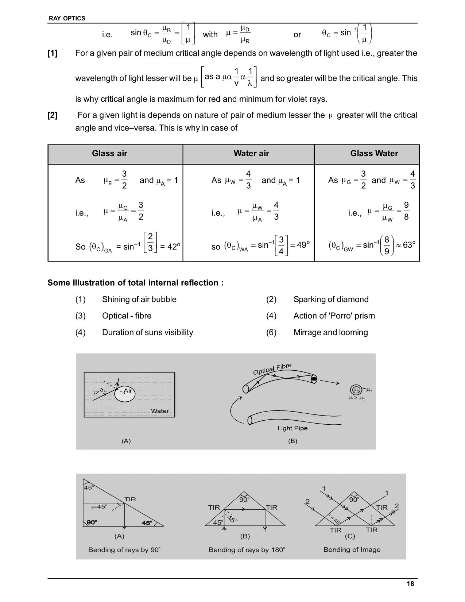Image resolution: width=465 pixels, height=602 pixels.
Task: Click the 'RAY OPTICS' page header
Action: (67, 18)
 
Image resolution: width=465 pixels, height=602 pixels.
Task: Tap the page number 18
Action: (410, 584)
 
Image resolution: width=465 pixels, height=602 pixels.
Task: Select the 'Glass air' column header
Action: (109, 153)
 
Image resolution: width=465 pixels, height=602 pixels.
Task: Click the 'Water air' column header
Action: (251, 153)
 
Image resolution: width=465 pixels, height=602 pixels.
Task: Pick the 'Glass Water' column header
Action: (374, 153)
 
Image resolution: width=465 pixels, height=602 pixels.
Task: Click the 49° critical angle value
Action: (303, 245)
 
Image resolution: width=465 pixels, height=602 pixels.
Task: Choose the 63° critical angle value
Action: (409, 245)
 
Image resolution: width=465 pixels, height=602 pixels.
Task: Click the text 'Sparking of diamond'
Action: (331, 300)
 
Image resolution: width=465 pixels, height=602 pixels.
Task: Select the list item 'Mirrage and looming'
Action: (330, 332)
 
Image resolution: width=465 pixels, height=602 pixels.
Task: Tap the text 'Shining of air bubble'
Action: (139, 300)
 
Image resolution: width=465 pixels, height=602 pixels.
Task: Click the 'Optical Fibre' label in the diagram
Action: (272, 368)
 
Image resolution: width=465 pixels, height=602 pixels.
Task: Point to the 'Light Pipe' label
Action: (292, 428)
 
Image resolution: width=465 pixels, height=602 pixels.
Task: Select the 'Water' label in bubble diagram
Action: (160, 411)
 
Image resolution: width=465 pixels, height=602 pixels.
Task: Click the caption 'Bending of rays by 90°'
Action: (124, 550)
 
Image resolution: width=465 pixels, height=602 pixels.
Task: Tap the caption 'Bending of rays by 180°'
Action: (247, 550)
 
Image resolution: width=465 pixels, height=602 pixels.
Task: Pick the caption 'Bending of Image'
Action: (352, 550)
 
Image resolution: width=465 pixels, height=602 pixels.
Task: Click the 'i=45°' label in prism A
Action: (99, 506)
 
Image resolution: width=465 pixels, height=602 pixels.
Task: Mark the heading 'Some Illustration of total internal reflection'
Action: (135, 283)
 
